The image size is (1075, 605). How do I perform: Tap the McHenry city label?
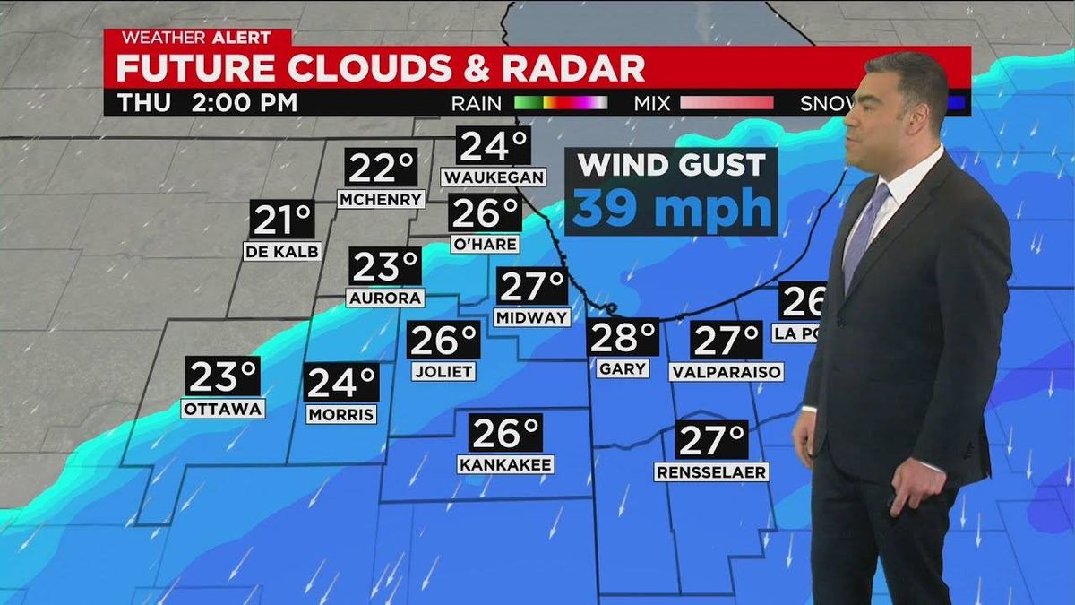click(381, 199)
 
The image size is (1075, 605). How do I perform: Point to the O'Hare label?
click(486, 244)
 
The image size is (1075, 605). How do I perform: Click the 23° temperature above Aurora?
click(385, 267)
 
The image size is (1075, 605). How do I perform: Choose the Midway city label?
click(531, 316)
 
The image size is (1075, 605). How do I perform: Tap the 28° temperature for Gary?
click(623, 338)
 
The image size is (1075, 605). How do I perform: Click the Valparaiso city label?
click(727, 371)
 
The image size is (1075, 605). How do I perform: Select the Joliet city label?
click(443, 370)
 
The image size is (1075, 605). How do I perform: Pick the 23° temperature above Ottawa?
click(223, 376)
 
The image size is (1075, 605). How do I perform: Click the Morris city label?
click(341, 414)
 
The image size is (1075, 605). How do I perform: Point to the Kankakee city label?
click(505, 464)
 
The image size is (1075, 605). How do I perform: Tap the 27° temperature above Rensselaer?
click(712, 439)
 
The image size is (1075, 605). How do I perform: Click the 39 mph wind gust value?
click(671, 208)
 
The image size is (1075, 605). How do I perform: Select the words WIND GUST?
click(671, 165)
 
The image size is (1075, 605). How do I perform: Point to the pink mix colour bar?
click(727, 102)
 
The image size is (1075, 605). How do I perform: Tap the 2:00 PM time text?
click(244, 102)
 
